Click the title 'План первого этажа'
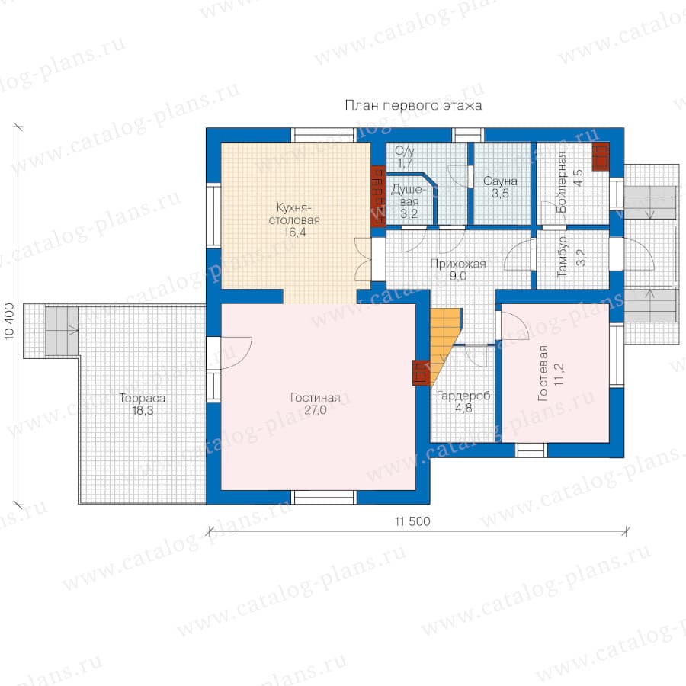coord(413,105)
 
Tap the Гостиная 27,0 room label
coord(316,403)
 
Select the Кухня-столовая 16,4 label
coord(294,220)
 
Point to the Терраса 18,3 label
coord(143,404)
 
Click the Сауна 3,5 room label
coord(501,188)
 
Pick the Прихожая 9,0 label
coord(458,270)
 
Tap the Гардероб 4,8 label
coord(463,402)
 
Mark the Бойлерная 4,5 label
coord(569,182)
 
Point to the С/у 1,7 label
coord(405,157)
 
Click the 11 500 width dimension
coord(412,521)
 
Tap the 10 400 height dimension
coord(10,321)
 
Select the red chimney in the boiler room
coord(601,156)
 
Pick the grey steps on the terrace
coord(62,332)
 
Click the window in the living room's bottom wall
coord(324,498)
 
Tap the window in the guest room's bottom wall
coord(531,450)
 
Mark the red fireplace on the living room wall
coord(421,373)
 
